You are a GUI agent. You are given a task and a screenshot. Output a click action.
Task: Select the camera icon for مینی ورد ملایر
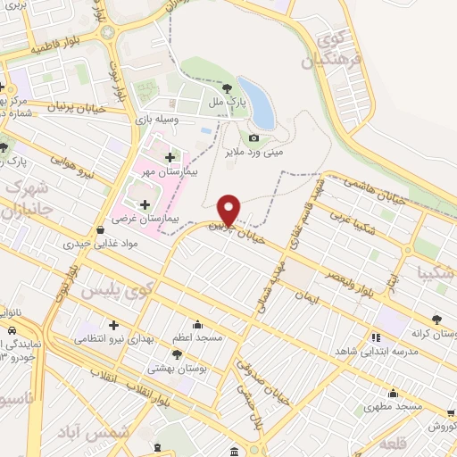click(253, 137)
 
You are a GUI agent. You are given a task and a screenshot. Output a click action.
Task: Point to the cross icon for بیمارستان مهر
click(170, 158)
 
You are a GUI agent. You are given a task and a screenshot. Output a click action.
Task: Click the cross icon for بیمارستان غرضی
click(145, 204)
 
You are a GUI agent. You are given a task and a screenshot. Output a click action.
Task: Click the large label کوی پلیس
click(116, 291)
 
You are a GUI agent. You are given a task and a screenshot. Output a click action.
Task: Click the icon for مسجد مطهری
click(394, 394)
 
